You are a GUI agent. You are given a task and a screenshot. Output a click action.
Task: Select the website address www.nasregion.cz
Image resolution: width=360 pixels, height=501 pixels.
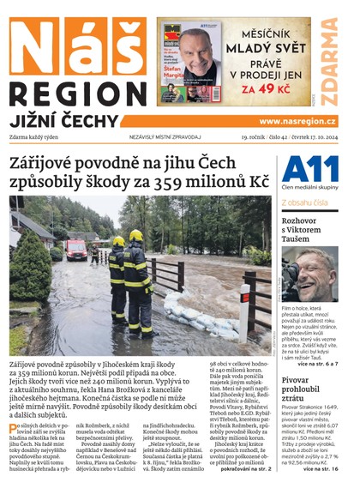297,122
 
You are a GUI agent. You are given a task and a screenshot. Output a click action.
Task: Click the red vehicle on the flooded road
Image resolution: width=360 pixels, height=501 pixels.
76,249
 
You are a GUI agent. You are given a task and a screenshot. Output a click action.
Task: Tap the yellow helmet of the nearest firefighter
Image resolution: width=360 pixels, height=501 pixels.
135,235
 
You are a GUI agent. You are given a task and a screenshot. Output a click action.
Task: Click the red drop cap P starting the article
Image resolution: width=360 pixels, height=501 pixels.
14,429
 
